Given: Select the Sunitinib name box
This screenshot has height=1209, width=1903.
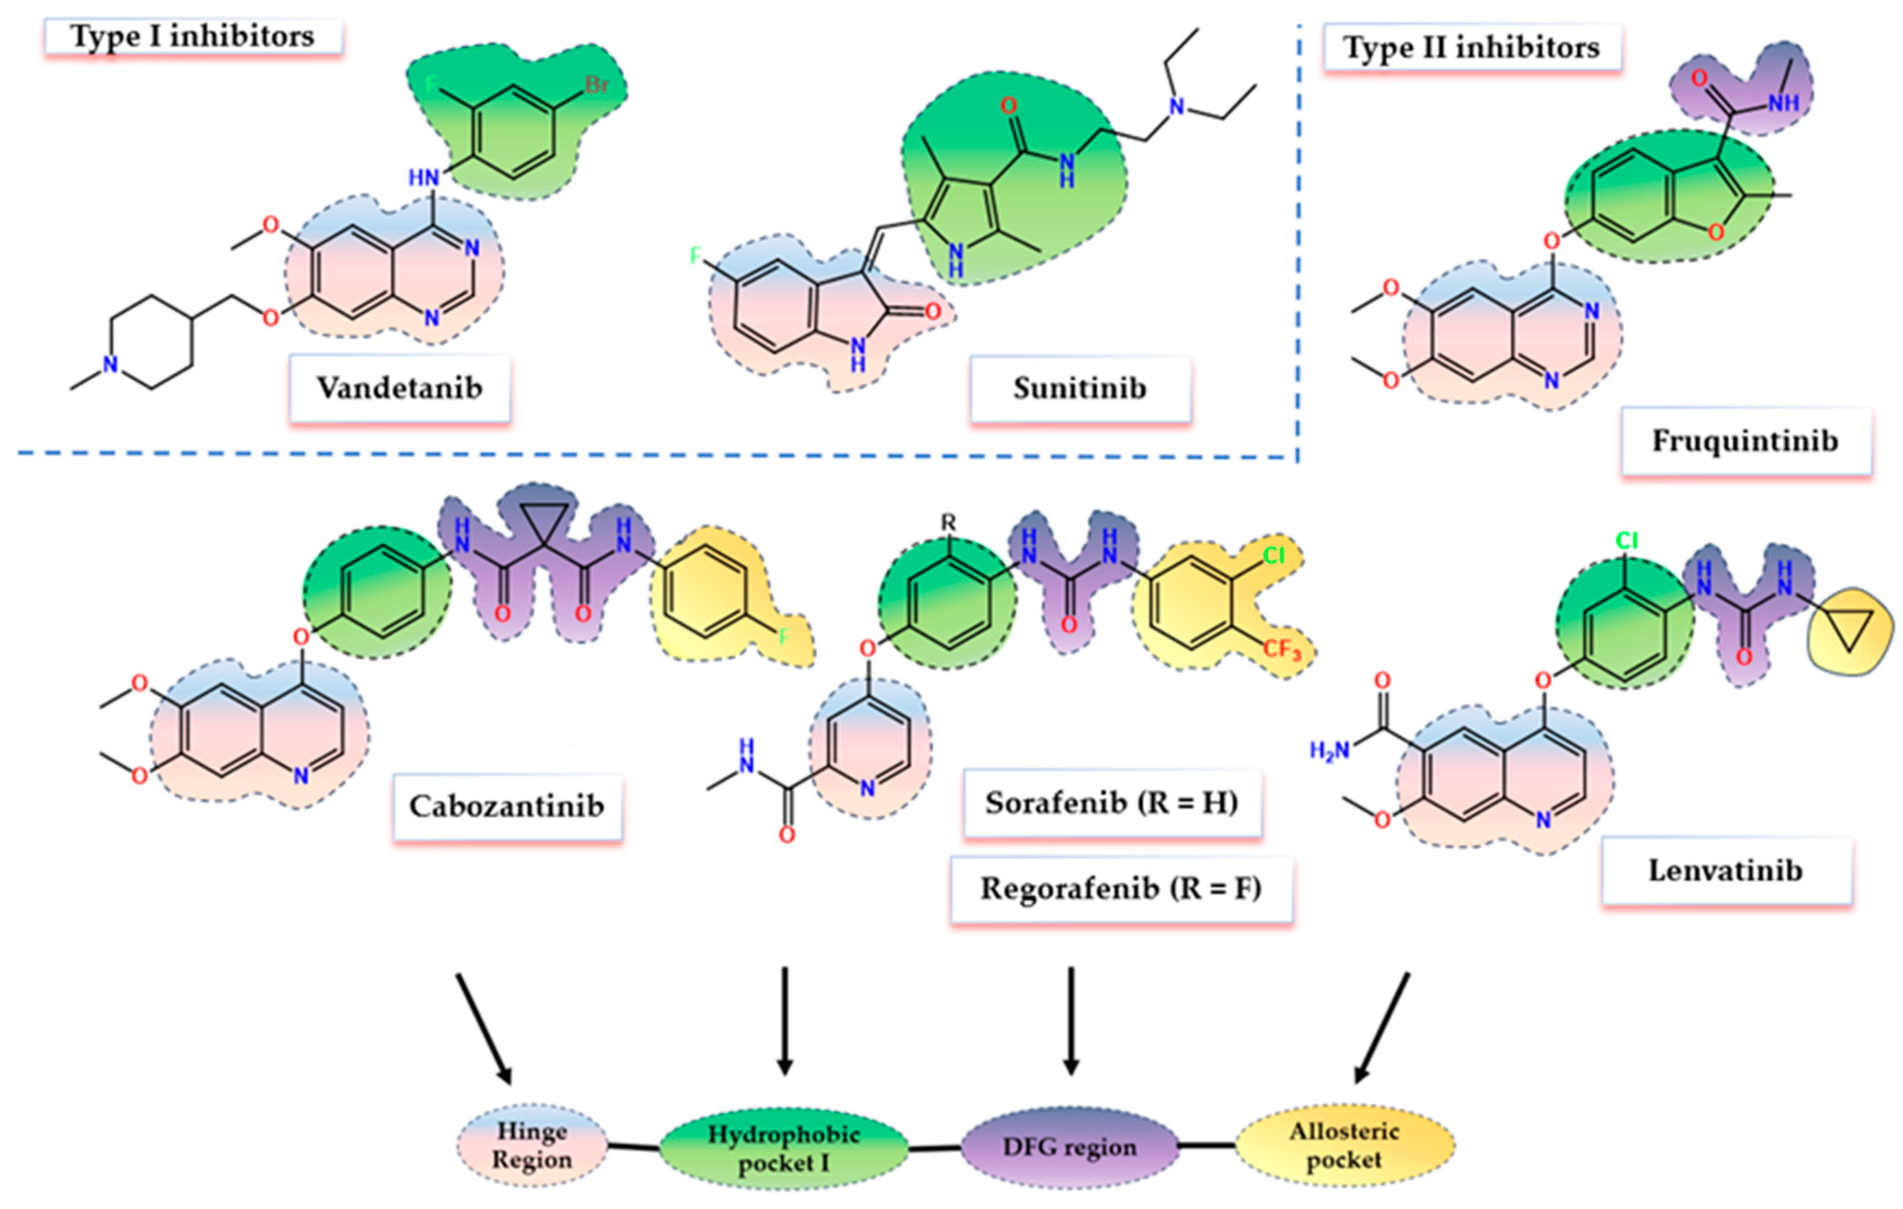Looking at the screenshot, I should pyautogui.click(x=1079, y=388).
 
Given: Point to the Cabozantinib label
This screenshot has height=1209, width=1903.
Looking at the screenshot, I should pyautogui.click(x=506, y=806).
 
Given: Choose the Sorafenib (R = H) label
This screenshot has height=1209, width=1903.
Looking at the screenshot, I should pyautogui.click(x=1111, y=803).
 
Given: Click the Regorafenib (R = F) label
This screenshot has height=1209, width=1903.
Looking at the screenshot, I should pyautogui.click(x=1121, y=888).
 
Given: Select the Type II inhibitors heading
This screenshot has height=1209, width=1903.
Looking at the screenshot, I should pyautogui.click(x=1472, y=48).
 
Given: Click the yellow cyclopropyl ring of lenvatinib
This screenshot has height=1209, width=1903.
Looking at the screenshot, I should pyautogui.click(x=1849, y=630).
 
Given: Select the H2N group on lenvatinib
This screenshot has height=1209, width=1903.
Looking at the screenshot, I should pyautogui.click(x=1329, y=751).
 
